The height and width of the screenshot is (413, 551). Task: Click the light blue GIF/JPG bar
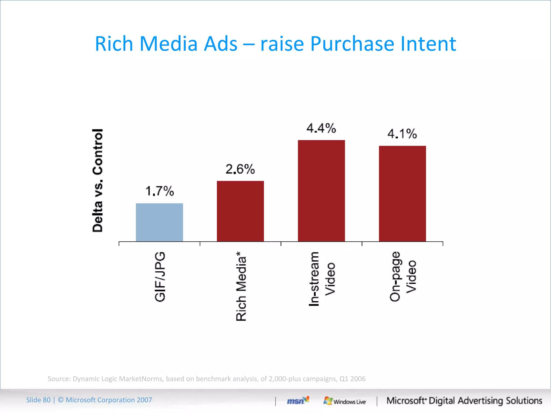pos(159,222)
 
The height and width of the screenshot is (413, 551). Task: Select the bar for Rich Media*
pos(240,211)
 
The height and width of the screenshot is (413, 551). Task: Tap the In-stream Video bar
pos(321,191)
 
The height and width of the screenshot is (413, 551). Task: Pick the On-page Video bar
pos(402,194)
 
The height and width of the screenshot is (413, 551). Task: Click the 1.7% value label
pos(160,191)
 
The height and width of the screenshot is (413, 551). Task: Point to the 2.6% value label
pos(240,169)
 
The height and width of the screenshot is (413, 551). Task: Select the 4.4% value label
pos(321,128)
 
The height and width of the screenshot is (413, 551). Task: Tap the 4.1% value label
pos(402,134)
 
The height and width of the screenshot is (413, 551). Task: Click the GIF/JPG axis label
pos(160,277)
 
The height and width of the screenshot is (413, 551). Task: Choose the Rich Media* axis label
pos(241,286)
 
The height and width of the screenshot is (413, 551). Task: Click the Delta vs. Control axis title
pos(97,180)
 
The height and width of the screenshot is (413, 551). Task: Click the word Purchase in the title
pos(352,44)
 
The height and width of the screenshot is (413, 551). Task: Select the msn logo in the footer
pos(298,401)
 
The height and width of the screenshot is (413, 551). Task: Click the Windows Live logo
pos(345,401)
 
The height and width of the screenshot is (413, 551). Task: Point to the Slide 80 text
pos(38,400)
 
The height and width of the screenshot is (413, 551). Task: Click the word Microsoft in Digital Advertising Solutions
pos(406,401)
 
